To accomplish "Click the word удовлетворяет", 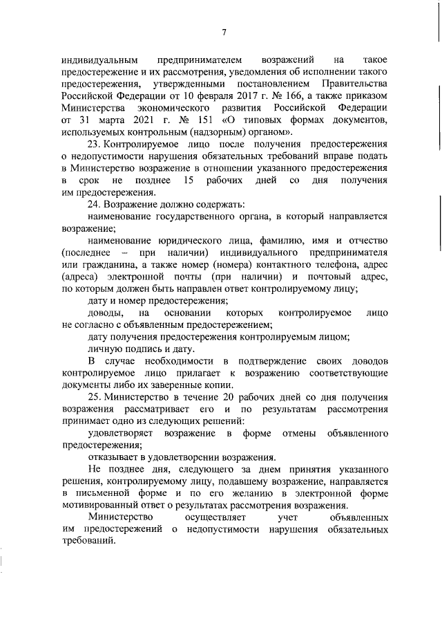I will click(122, 433).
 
